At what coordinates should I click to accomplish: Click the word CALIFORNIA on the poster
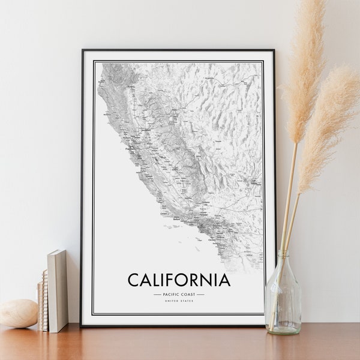click(178, 280)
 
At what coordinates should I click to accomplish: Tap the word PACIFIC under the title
click(172, 295)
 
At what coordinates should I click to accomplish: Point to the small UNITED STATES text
click(179, 301)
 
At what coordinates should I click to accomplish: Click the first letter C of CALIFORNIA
click(133, 280)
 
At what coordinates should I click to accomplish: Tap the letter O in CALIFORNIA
click(184, 280)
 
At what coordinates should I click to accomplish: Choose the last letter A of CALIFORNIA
click(223, 280)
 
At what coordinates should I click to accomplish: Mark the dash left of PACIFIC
click(157, 295)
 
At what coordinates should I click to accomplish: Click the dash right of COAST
click(201, 295)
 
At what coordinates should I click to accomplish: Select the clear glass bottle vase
click(283, 300)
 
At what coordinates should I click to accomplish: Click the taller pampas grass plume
click(303, 66)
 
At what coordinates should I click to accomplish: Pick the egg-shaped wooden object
click(18, 314)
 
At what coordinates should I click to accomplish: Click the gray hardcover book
click(58, 290)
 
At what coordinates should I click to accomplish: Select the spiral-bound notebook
click(42, 300)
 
